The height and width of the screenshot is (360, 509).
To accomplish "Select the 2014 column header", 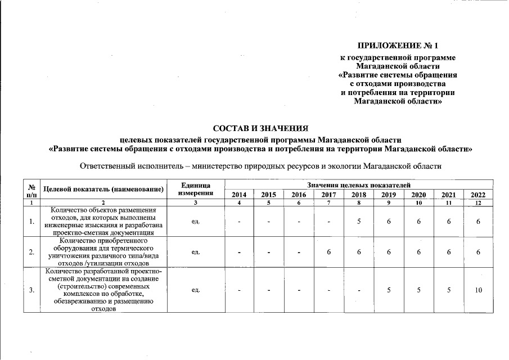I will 239,195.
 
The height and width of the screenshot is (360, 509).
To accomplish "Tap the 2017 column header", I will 328,195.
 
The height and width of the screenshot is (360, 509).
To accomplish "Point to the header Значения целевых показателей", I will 358,185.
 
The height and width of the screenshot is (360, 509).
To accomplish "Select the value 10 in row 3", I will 478,290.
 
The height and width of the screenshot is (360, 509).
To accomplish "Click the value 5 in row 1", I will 358,222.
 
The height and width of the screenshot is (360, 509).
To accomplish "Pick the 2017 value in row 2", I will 328,252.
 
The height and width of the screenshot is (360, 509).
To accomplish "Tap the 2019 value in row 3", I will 388,290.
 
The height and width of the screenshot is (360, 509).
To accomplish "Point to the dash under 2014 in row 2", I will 239,252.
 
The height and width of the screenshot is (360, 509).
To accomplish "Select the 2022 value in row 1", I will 478,222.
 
